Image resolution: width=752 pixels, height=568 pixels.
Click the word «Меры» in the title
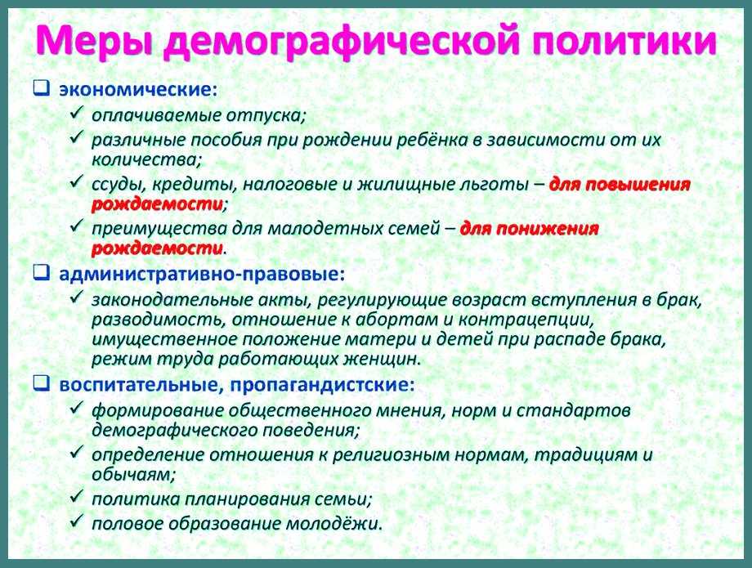(94, 41)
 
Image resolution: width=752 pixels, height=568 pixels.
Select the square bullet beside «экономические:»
(42, 89)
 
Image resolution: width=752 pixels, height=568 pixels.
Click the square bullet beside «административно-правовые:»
(42, 273)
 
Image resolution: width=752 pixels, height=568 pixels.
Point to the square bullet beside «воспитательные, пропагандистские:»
(42, 383)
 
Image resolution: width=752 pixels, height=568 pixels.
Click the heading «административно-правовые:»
(202, 275)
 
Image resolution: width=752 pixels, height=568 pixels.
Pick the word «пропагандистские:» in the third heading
(322, 385)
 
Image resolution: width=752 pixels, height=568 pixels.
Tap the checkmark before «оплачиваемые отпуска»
(77, 113)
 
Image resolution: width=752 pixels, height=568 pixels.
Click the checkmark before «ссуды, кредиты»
(77, 182)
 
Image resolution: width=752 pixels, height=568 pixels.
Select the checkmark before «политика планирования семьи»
(77, 497)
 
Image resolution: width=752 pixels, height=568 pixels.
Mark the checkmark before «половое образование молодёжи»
(77, 521)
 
